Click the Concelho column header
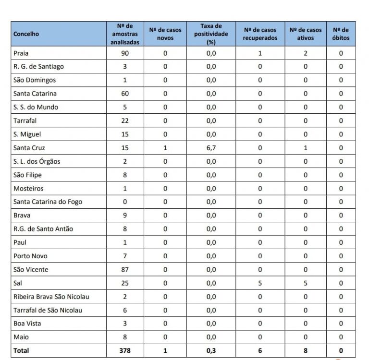click(x=26, y=34)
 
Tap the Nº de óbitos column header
click(x=341, y=34)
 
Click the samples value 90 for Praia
click(x=125, y=53)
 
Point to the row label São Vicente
click(x=31, y=270)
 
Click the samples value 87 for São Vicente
click(x=125, y=270)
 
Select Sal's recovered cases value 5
click(x=260, y=283)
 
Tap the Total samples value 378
click(x=125, y=351)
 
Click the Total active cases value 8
click(x=306, y=351)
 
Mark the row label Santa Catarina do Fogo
click(x=48, y=202)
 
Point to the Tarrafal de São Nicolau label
click(x=48, y=311)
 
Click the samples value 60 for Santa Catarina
click(x=125, y=94)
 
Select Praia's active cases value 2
click(x=306, y=53)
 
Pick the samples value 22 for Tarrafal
click(x=125, y=121)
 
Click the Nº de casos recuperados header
click(x=260, y=34)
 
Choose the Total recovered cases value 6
click(x=260, y=351)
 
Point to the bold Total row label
click(x=21, y=351)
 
